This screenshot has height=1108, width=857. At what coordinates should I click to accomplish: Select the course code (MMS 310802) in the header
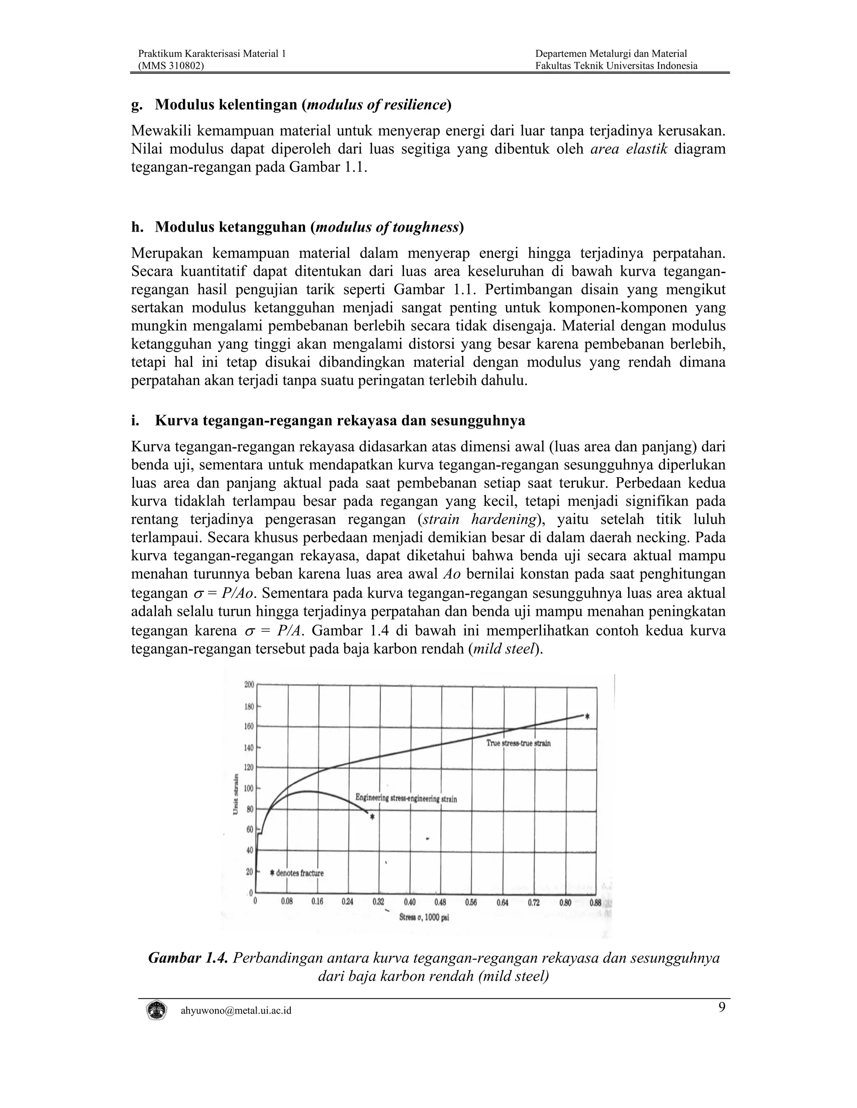click(171, 66)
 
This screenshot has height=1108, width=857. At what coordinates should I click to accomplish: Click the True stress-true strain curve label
click(518, 743)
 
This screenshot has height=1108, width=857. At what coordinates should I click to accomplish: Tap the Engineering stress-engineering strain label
click(405, 799)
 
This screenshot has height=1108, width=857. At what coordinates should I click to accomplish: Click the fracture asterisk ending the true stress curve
click(588, 717)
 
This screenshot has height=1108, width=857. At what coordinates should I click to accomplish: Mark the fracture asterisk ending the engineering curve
click(372, 817)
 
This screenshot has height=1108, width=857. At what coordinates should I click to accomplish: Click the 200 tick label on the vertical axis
click(249, 684)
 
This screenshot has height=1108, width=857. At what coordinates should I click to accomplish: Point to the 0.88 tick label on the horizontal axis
click(595, 903)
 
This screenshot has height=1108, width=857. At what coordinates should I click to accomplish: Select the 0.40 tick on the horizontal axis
click(410, 903)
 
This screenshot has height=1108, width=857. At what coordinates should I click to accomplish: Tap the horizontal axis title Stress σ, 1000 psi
click(424, 918)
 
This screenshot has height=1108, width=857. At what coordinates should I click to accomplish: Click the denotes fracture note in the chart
click(297, 873)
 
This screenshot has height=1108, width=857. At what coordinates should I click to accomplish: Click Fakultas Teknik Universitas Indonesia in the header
click(616, 66)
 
